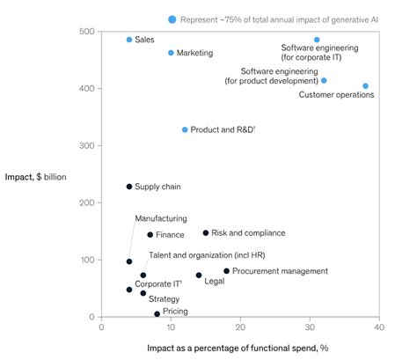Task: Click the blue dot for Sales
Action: click(129, 40)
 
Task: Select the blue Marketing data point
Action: click(171, 53)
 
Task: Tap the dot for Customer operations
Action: click(365, 86)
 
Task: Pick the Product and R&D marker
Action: click(185, 129)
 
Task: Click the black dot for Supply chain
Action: click(129, 187)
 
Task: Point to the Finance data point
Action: click(150, 235)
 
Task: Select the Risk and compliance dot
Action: click(206, 233)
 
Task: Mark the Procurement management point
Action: click(226, 271)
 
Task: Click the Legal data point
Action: click(199, 275)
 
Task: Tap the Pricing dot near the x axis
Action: click(157, 313)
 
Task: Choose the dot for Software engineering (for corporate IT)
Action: click(317, 40)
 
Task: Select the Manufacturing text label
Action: click(160, 218)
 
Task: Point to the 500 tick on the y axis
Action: click(87, 32)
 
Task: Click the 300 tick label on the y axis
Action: click(87, 145)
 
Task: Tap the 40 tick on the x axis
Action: click(379, 328)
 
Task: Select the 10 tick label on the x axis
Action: click(171, 328)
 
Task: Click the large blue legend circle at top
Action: click(172, 18)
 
